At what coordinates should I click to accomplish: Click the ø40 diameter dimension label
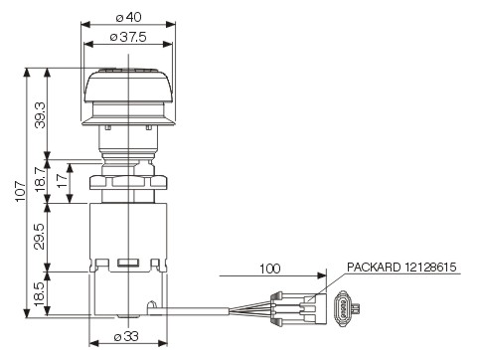click(128, 17)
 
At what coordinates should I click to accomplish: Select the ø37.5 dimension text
click(128, 37)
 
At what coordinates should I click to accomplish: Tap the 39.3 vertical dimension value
click(41, 114)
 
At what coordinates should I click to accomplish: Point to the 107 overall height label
click(20, 191)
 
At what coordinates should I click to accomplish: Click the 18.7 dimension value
click(41, 179)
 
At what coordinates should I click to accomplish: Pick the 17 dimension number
click(63, 181)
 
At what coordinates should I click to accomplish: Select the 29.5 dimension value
click(39, 236)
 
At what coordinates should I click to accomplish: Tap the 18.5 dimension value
click(39, 294)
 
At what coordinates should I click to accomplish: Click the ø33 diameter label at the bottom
click(126, 337)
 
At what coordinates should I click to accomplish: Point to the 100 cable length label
click(269, 269)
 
